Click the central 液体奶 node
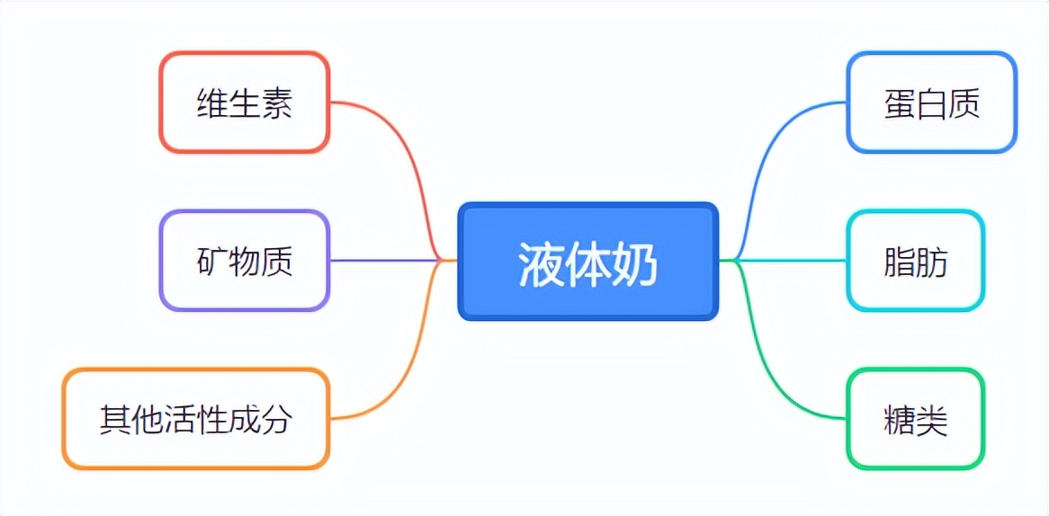point(588,262)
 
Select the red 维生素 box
point(245,102)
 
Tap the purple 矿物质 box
point(245,261)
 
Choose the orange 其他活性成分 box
point(196,419)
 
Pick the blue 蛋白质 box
point(932,102)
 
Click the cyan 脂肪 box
point(916,261)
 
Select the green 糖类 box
point(916,419)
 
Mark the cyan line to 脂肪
point(783,260)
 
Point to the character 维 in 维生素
point(212,103)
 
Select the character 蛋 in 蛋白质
point(900,103)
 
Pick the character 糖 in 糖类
point(900,421)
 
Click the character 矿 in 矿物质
point(212,262)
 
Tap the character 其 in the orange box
point(116,421)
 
